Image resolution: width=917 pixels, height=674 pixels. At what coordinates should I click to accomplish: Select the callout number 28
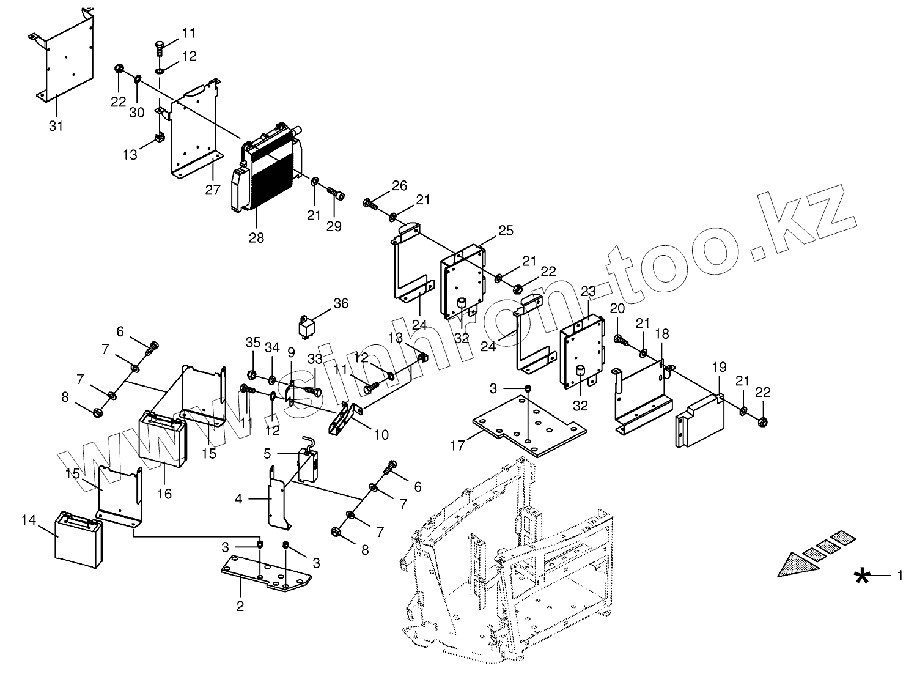257,237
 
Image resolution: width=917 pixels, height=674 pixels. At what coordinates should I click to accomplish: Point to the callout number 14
29,520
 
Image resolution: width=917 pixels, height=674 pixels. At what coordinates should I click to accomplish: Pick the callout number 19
719,367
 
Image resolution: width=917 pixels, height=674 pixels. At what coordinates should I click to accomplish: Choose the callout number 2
240,606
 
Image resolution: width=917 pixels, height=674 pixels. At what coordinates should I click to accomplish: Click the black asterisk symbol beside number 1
863,576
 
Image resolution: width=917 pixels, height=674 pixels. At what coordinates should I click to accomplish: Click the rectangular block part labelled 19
701,420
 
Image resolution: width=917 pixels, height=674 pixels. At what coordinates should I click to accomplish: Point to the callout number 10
381,435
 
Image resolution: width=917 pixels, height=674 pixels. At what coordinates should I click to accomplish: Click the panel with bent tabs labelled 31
68,58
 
